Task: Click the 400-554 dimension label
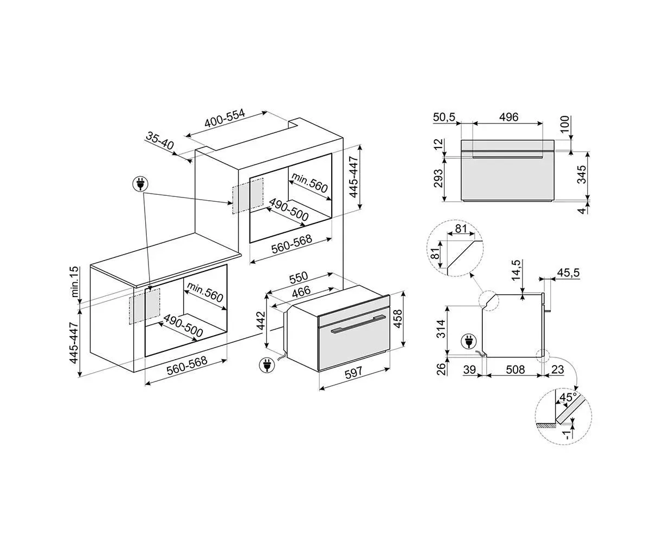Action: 225,118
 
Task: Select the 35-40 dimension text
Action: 160,141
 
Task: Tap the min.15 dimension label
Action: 74,282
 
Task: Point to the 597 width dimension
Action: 353,373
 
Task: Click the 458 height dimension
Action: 398,319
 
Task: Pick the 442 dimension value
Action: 260,320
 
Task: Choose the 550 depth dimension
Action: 299,277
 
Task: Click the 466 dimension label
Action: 301,292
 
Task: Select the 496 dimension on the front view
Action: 508,117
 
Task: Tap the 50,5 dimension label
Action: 444,117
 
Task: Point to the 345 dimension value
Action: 581,174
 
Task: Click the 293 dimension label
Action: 438,178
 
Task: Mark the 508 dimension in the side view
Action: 515,369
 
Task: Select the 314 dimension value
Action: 441,329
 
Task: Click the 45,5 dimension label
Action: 568,273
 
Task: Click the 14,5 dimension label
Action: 515,270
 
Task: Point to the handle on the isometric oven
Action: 358,324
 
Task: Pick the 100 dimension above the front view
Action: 565,123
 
